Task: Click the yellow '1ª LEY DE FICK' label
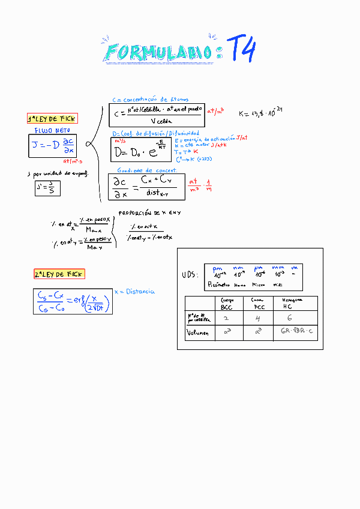[55, 119]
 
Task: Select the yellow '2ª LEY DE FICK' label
[59, 274]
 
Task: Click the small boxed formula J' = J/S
[47, 188]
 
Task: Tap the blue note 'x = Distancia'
[134, 292]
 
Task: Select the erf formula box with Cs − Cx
[73, 302]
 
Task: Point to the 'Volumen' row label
[198, 333]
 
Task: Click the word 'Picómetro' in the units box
[218, 285]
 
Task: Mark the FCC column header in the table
[257, 303]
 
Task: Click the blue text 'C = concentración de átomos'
[150, 100]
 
